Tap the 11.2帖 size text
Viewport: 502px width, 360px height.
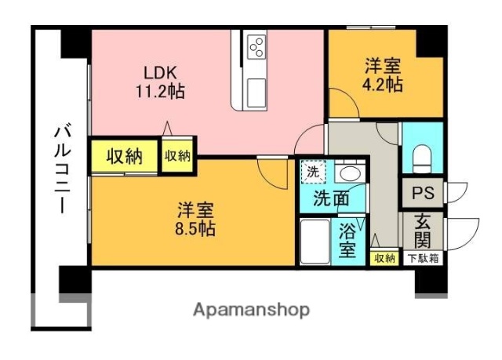click(x=159, y=92)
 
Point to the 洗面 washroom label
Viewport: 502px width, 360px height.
click(x=332, y=198)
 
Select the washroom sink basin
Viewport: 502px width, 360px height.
click(x=347, y=173)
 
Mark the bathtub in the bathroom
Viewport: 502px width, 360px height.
click(x=315, y=241)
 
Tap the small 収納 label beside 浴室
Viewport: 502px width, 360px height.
click(x=384, y=258)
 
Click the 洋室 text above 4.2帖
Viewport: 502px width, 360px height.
click(x=383, y=66)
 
